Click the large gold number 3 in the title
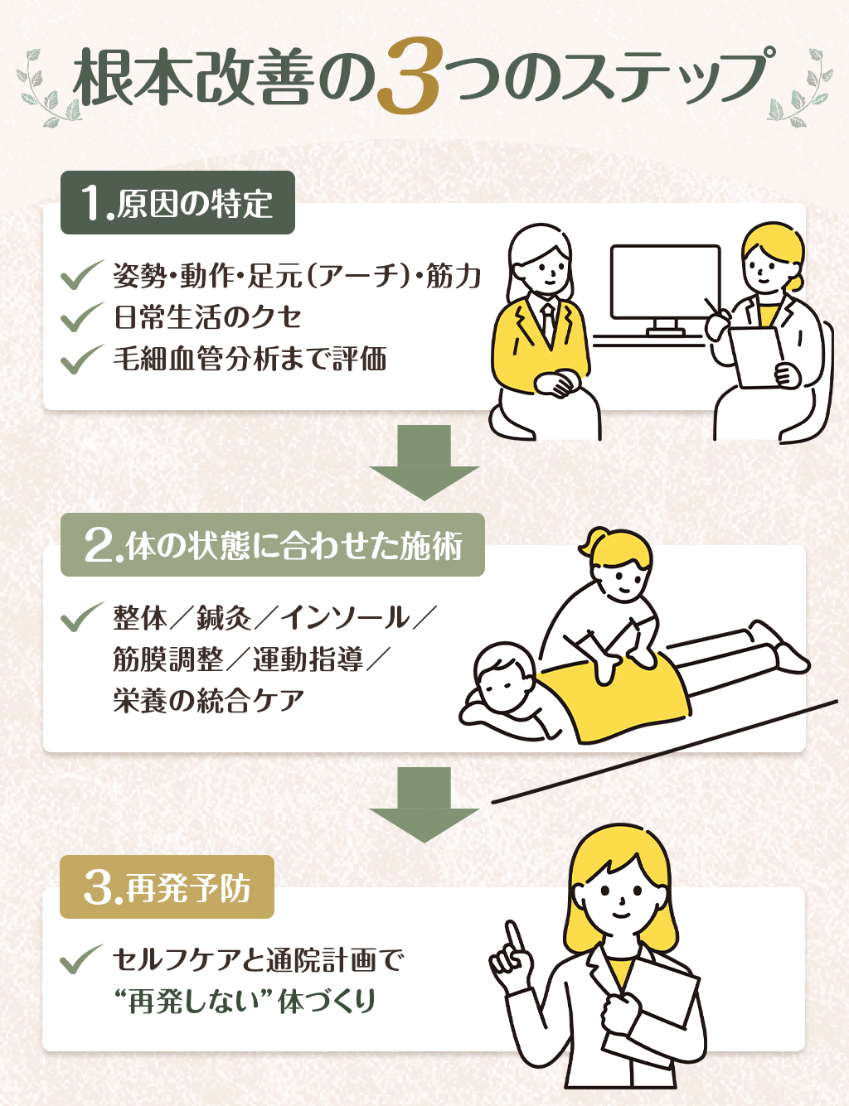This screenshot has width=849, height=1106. click(411, 77)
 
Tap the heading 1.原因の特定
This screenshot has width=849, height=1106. click(177, 203)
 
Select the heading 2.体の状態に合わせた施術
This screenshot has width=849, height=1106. click(272, 545)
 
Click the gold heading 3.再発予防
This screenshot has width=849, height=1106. click(167, 887)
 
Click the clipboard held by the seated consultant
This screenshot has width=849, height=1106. click(756, 355)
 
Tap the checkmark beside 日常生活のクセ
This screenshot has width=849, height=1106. click(81, 317)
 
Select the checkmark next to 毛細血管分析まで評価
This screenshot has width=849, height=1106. click(81, 360)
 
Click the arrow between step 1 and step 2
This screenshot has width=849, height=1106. click(424, 461)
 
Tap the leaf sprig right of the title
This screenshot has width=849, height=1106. click(803, 87)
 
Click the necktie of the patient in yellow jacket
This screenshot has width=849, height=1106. click(547, 320)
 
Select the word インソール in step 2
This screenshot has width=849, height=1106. click(345, 617)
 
